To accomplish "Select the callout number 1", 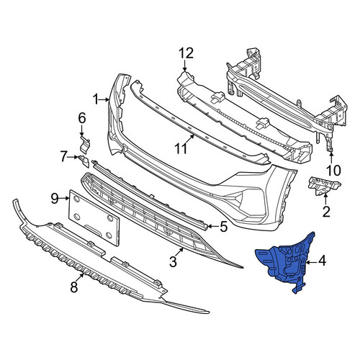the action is point(96,99).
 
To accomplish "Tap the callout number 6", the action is point(82,118).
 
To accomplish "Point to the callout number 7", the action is point(63,157).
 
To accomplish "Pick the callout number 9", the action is point(55,198).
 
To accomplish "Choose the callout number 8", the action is point(74,287).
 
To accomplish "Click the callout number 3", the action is point(174,261).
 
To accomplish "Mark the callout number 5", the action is point(223,227).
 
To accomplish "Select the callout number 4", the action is point(322,261).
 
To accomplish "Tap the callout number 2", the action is point(326,211).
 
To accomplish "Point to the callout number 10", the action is point(333,171).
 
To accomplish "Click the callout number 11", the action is point(181,148).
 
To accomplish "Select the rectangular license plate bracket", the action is point(94,217).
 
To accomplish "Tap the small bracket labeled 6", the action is point(85,145).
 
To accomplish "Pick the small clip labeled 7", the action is point(84,161).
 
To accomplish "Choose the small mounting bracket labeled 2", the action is point(324,185).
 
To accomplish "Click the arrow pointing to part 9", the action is point(64,198).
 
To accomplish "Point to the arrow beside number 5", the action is point(213,226).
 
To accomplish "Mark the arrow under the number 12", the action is point(184,66).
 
